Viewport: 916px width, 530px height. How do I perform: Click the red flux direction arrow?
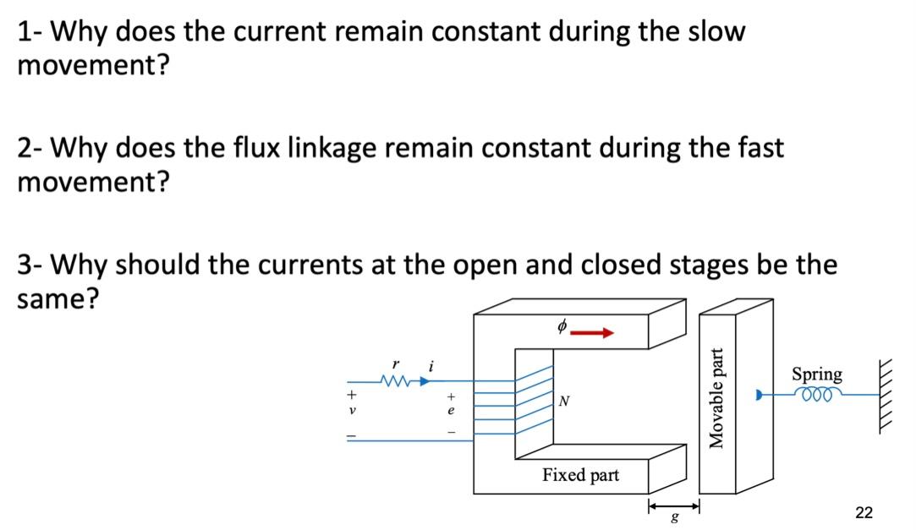pyautogui.click(x=592, y=332)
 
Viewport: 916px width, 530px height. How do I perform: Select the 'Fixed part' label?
pyautogui.click(x=581, y=475)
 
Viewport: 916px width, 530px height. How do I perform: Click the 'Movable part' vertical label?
pyautogui.click(x=717, y=397)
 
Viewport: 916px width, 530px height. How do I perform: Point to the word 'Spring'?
pyautogui.click(x=816, y=374)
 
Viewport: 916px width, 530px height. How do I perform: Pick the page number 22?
pyautogui.click(x=864, y=511)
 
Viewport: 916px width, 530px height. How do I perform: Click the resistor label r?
pyautogui.click(x=394, y=363)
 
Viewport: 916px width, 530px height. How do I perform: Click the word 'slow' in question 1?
pyautogui.click(x=713, y=32)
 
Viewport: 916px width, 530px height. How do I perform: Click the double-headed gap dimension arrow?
pyautogui.click(x=673, y=505)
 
